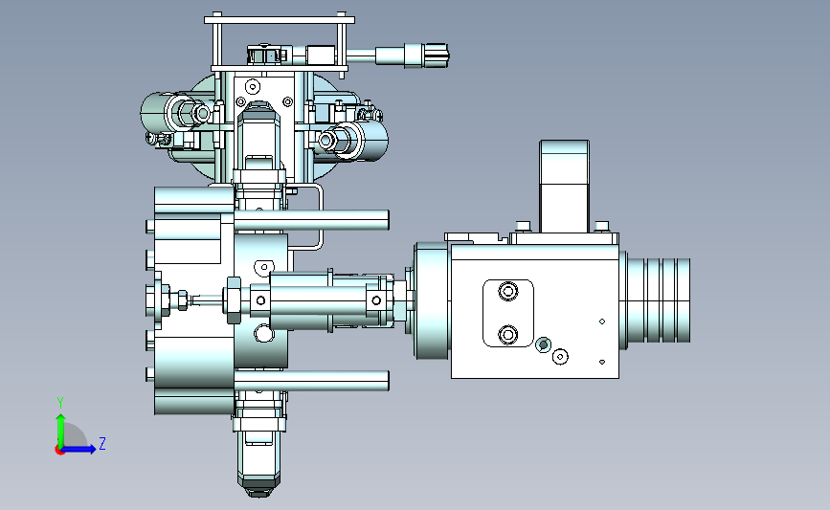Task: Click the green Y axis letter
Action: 60,403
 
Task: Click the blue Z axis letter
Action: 102,443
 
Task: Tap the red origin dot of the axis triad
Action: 59,451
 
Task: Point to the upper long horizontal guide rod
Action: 311,220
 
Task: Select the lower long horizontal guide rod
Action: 311,381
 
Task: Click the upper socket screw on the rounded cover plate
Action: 508,291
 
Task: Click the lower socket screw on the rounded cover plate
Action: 508,334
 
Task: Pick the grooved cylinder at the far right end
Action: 658,299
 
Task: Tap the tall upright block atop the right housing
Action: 564,187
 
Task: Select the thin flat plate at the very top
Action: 280,20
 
